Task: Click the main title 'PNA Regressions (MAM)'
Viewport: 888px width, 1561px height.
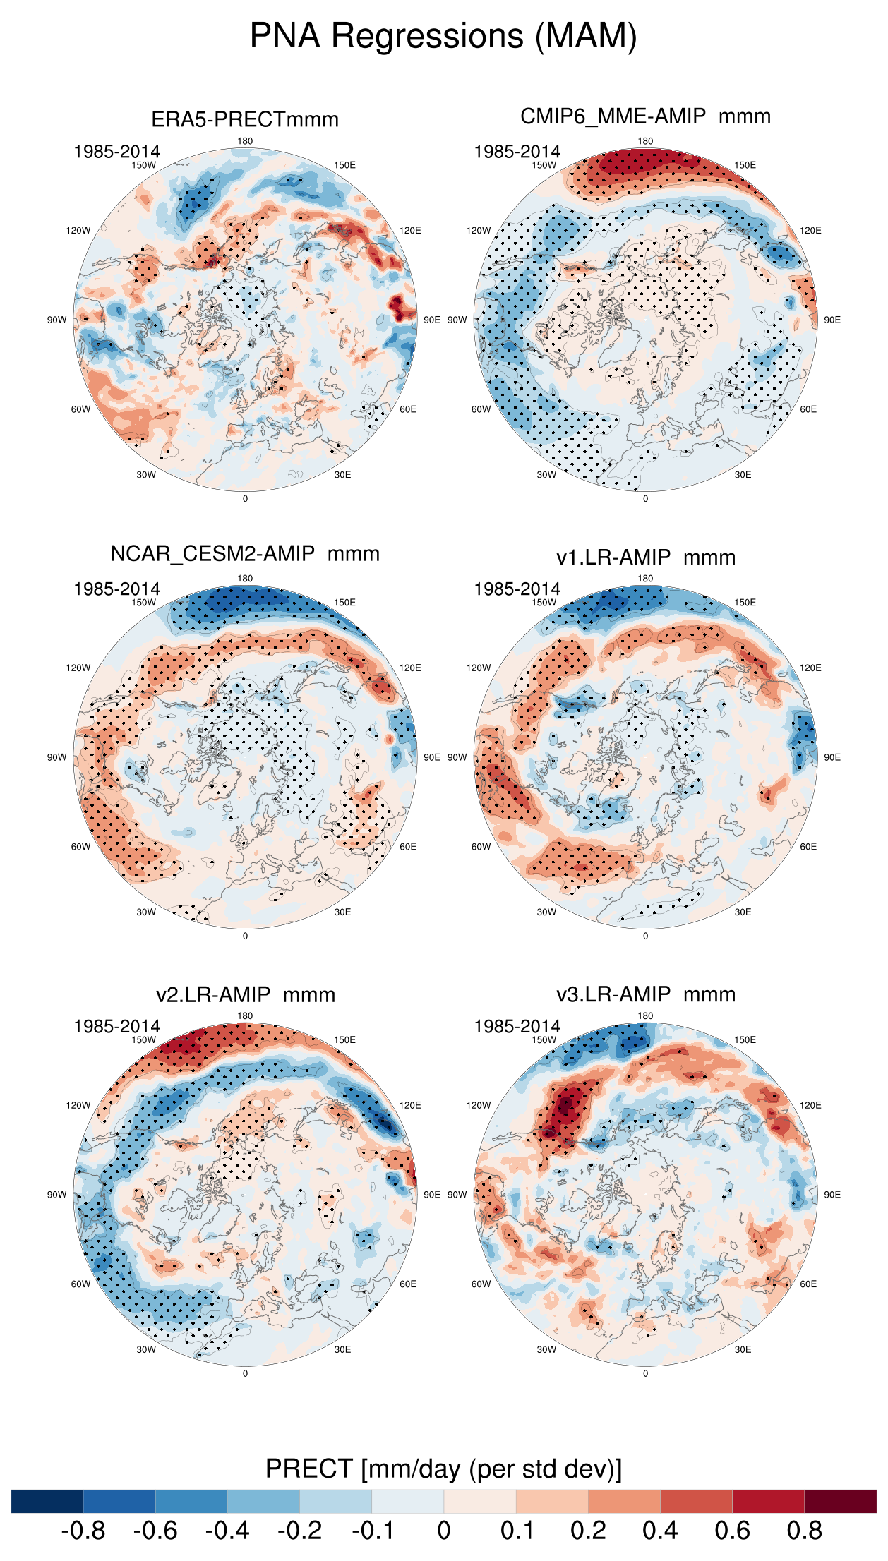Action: tap(443, 36)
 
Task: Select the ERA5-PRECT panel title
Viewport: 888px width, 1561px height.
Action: tap(245, 119)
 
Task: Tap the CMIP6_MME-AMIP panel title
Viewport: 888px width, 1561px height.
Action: tap(645, 116)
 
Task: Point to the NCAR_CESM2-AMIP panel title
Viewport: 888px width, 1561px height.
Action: tap(245, 554)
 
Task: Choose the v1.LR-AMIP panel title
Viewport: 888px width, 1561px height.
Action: tap(645, 557)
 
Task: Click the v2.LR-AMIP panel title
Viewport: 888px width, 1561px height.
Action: tap(245, 995)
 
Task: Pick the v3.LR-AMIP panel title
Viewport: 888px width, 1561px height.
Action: tap(645, 994)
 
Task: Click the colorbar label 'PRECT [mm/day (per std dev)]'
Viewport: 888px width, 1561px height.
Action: tap(443, 1469)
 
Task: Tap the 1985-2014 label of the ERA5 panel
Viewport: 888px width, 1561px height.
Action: tap(117, 152)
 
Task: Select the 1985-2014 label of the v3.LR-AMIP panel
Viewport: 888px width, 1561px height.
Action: tap(517, 1027)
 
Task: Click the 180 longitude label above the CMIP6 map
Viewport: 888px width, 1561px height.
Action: tap(645, 141)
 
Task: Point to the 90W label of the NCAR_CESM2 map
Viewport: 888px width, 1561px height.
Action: tap(57, 757)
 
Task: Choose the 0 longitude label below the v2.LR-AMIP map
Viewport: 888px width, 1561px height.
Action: tap(245, 1373)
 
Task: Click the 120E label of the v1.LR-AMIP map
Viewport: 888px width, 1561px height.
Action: tap(810, 668)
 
